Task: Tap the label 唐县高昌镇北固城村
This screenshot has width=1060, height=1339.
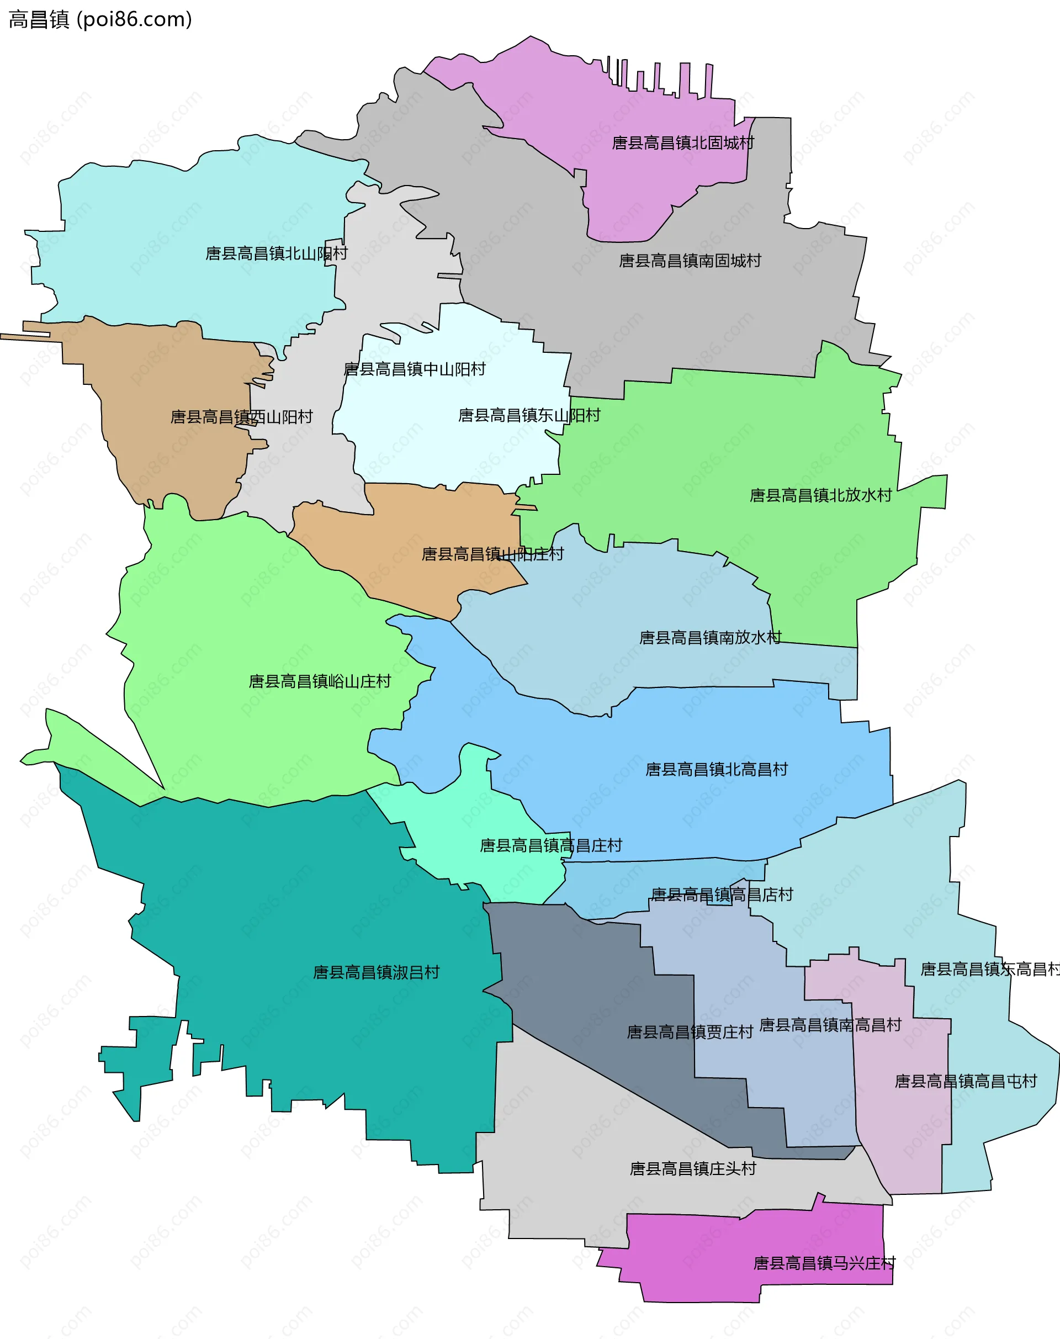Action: tap(683, 144)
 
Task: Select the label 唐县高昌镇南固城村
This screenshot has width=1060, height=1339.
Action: tap(690, 261)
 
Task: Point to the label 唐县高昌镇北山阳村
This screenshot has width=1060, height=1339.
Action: tap(276, 253)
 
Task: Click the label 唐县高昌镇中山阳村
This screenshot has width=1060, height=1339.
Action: tap(415, 369)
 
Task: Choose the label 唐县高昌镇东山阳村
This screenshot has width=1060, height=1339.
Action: tap(529, 415)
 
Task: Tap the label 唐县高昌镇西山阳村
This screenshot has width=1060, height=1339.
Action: tap(241, 416)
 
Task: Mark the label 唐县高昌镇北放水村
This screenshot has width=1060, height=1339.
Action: tap(820, 495)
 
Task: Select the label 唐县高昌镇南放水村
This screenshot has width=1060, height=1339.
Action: tap(710, 638)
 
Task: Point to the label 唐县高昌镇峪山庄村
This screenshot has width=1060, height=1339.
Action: tap(320, 681)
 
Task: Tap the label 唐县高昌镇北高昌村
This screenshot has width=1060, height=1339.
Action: tap(716, 770)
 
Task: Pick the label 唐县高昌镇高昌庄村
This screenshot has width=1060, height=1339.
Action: tap(550, 845)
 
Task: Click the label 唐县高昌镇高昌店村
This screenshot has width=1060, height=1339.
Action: tap(722, 895)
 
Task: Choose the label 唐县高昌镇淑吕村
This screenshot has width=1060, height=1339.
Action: tap(376, 972)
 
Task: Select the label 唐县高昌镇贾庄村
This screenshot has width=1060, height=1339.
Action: tap(690, 1033)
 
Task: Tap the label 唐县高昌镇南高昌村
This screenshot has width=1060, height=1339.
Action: tap(830, 1025)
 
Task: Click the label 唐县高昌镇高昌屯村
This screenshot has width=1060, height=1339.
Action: tap(966, 1081)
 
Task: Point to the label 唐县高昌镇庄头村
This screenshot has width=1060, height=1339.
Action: tap(693, 1169)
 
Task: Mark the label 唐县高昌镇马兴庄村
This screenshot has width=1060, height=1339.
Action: tap(824, 1263)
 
